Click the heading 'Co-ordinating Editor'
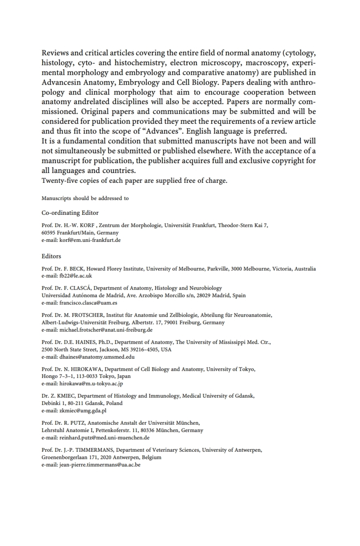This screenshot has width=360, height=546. coord(70,213)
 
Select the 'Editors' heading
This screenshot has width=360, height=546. coord(51,256)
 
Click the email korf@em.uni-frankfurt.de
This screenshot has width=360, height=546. coord(90,240)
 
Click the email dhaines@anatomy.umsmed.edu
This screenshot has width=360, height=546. coord(97,357)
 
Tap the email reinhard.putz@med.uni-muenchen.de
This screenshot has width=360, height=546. coord(104,438)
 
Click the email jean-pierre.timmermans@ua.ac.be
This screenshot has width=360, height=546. coord(100,465)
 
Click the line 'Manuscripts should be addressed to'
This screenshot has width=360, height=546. coord(85,198)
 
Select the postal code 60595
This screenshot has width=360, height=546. coord(49,233)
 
